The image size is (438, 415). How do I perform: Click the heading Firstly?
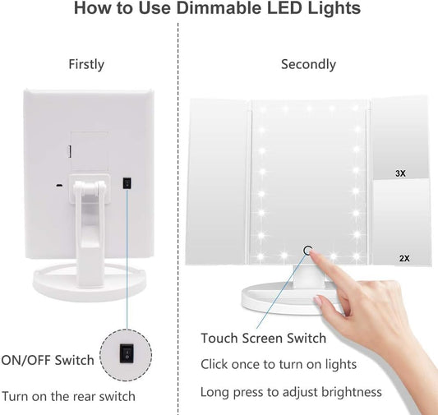coord(86,64)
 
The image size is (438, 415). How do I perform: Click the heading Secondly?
coord(308,64)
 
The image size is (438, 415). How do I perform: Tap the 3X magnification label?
coord(400,173)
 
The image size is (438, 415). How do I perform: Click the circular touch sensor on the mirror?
coord(308,251)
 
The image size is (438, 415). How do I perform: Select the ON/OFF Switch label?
coord(48,360)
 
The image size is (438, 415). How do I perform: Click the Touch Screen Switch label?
coord(263,338)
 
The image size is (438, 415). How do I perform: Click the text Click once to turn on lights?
coord(278,364)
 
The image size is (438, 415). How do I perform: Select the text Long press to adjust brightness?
coord(291,391)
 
